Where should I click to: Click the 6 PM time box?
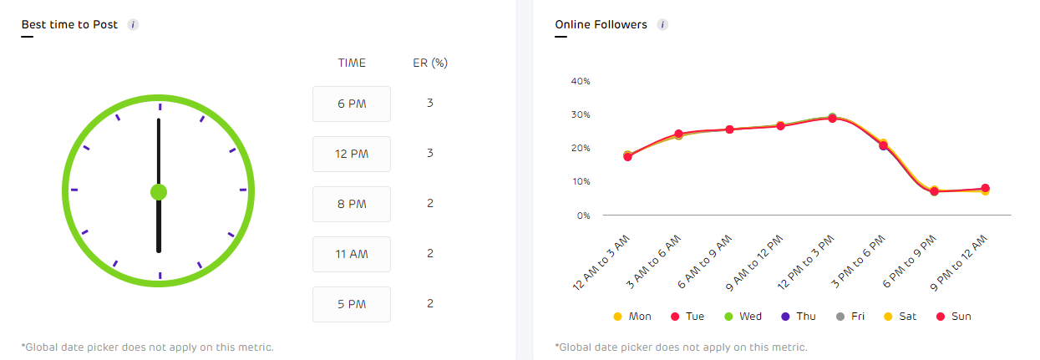click(351, 104)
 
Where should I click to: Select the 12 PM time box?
click(351, 154)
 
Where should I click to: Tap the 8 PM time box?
click(351, 204)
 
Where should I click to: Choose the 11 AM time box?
click(351, 254)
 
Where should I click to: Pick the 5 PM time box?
click(351, 304)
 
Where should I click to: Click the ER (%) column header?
click(430, 63)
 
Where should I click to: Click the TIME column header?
click(352, 63)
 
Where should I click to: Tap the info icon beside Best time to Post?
click(133, 25)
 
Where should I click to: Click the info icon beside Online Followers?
click(662, 25)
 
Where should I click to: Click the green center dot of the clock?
click(159, 192)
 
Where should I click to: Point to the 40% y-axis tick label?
click(580, 81)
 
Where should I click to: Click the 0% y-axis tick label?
click(583, 215)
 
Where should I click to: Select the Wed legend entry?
click(743, 317)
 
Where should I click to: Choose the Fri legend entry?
click(852, 317)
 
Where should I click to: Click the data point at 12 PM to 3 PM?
click(832, 118)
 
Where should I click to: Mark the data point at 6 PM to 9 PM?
click(934, 191)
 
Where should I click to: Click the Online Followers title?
click(601, 25)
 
